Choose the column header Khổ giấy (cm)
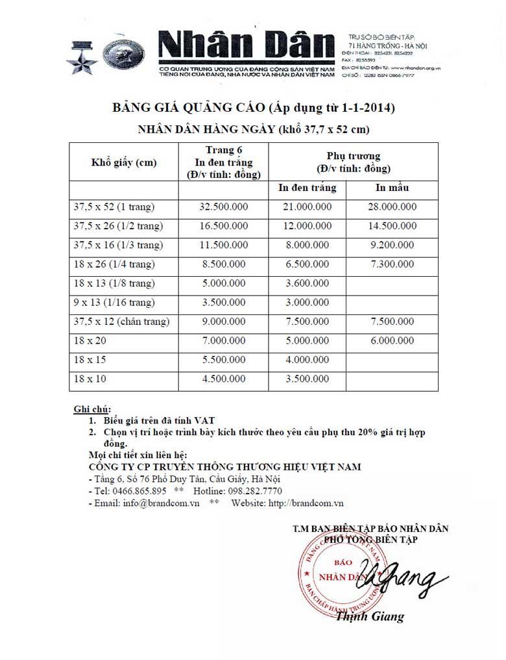(124, 162)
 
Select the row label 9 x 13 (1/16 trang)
(115, 303)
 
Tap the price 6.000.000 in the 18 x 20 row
(391, 341)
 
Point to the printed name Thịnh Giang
(370, 616)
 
